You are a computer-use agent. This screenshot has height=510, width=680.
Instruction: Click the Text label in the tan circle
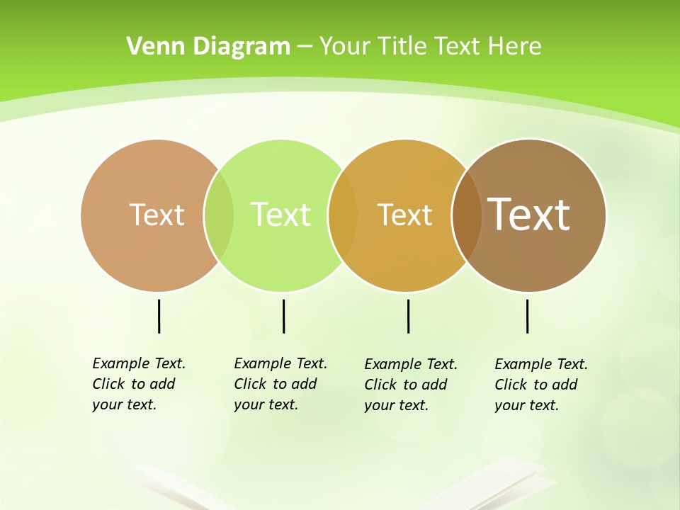click(157, 215)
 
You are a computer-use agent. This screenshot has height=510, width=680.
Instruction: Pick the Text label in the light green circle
click(280, 215)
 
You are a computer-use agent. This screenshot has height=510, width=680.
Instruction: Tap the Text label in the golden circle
click(404, 215)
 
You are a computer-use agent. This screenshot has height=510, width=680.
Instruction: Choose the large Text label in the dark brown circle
click(528, 215)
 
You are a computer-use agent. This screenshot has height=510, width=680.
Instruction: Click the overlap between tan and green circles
click(219, 215)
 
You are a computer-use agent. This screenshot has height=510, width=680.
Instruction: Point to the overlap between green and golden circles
click(343, 215)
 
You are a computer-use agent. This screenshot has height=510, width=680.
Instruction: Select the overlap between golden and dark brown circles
click(466, 215)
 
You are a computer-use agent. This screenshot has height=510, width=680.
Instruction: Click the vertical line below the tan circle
click(159, 316)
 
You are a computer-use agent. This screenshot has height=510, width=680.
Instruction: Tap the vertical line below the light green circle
click(283, 316)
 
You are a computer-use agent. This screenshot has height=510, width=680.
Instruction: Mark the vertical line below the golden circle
click(408, 316)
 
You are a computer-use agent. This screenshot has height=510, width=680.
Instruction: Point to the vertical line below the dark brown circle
click(527, 316)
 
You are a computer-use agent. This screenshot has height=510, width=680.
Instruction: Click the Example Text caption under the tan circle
click(138, 384)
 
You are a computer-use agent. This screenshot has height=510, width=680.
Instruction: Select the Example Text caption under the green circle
click(280, 384)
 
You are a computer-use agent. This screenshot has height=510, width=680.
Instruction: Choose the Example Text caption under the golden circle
click(410, 385)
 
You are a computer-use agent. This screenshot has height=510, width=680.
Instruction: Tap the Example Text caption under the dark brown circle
click(540, 385)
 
